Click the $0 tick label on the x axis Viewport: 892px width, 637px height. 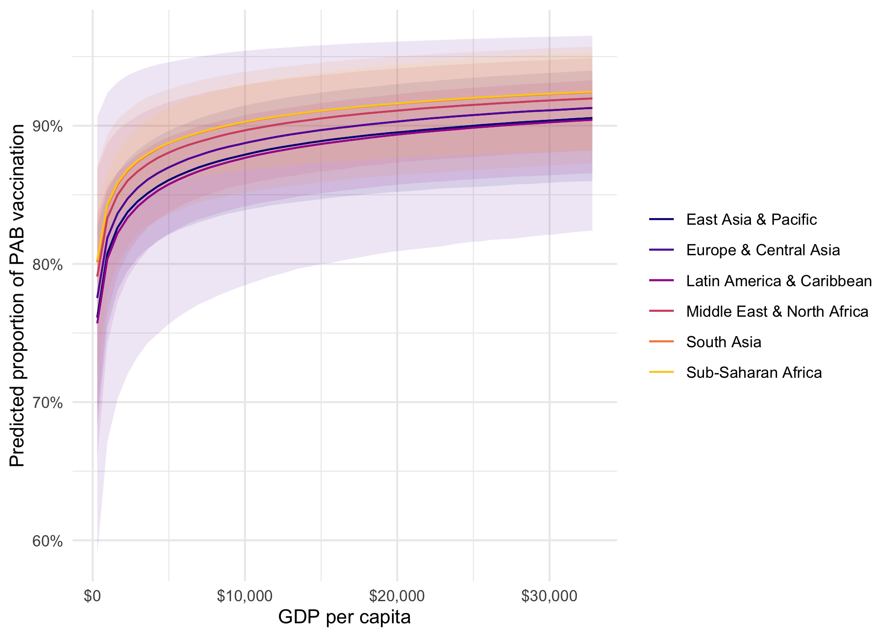pyautogui.click(x=92, y=596)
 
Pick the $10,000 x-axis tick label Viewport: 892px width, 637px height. pyautogui.click(x=245, y=596)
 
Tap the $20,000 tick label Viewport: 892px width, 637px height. pyautogui.click(x=397, y=596)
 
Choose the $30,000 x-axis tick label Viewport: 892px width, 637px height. pyautogui.click(x=549, y=596)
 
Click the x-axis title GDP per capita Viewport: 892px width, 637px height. pyautogui.click(x=344, y=617)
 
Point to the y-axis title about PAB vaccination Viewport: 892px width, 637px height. pyautogui.click(x=17, y=295)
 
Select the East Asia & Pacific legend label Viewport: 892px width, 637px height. pyautogui.click(x=751, y=219)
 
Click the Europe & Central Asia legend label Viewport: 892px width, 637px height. pyautogui.click(x=763, y=250)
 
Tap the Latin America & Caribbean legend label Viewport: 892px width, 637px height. pyautogui.click(x=779, y=281)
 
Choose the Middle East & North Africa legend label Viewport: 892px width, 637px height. pyautogui.click(x=777, y=311)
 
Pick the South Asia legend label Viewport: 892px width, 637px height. pyautogui.click(x=723, y=342)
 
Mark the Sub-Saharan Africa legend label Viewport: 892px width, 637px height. pyautogui.click(x=754, y=372)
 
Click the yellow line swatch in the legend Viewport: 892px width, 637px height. pyautogui.click(x=661, y=372)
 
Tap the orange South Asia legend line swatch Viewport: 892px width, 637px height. pyautogui.click(x=661, y=342)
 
